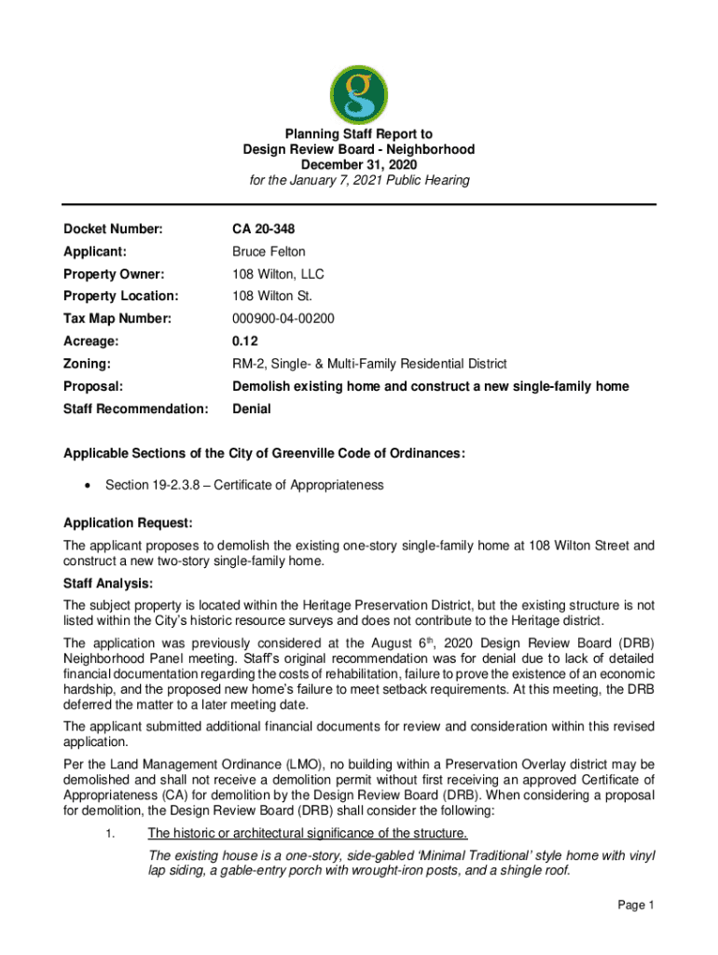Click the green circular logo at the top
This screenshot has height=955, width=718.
coord(359,94)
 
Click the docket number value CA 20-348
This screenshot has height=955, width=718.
coord(264,229)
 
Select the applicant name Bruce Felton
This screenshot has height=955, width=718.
coord(269,252)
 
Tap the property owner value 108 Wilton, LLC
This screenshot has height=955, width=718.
coord(278,274)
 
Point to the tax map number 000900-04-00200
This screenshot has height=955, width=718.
coord(283,319)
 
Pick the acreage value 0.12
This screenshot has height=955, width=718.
coord(244,341)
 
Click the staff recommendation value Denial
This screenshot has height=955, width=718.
coord(251,408)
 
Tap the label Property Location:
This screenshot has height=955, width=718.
coord(120,297)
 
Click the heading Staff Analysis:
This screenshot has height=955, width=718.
coord(107,584)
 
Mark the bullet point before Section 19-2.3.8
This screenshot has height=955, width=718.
coord(87,485)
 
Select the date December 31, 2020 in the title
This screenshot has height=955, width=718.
coord(359,164)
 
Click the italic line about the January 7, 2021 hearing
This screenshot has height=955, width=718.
coord(359,180)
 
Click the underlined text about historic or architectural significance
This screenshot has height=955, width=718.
coord(308,833)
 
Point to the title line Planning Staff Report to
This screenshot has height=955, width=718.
coord(359,134)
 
